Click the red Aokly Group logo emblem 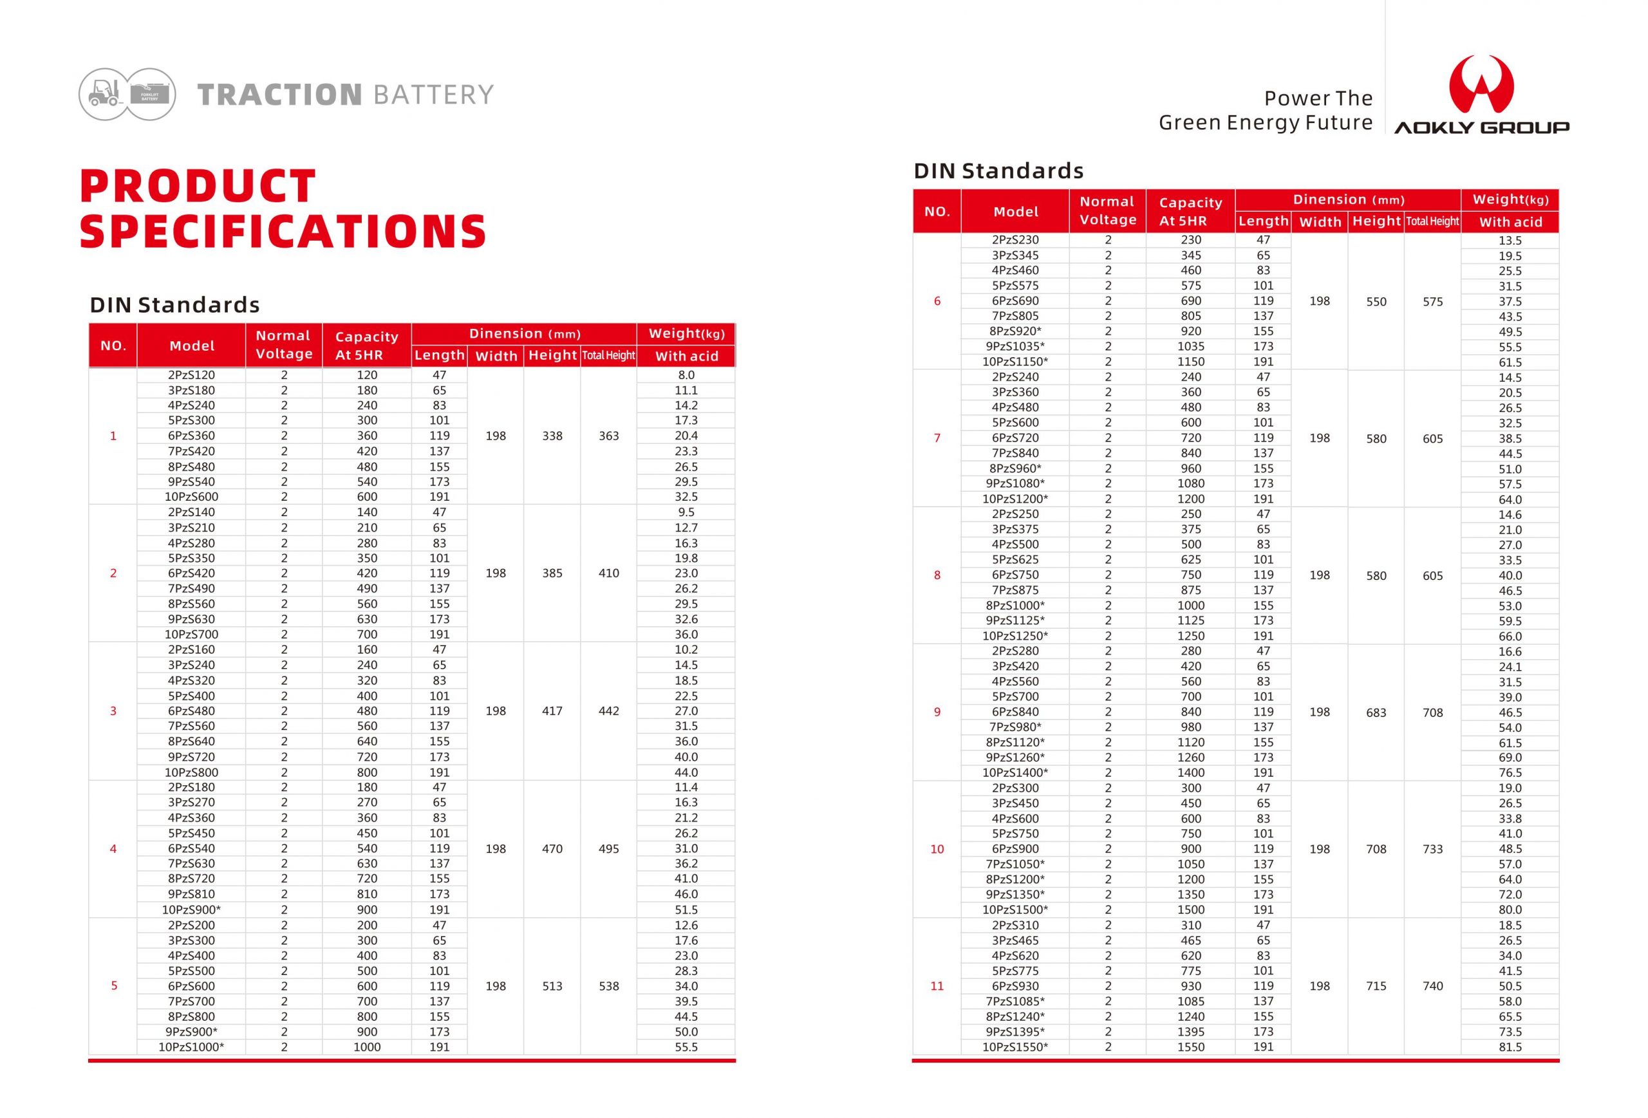[x=1481, y=84]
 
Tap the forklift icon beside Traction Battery [x=104, y=93]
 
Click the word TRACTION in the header [x=280, y=94]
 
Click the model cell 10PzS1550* [x=1015, y=1047]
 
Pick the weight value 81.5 [x=1510, y=1047]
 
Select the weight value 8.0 [x=686, y=375]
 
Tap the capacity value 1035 [x=1191, y=347]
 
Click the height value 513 [x=552, y=986]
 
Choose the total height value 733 [x=1432, y=850]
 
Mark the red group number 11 [x=937, y=986]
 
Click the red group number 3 [x=113, y=711]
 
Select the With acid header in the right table [x=1510, y=222]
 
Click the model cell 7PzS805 [x=1015, y=316]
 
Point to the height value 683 [x=1376, y=713]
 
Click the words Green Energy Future [x=1265, y=123]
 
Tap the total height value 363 [x=608, y=436]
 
